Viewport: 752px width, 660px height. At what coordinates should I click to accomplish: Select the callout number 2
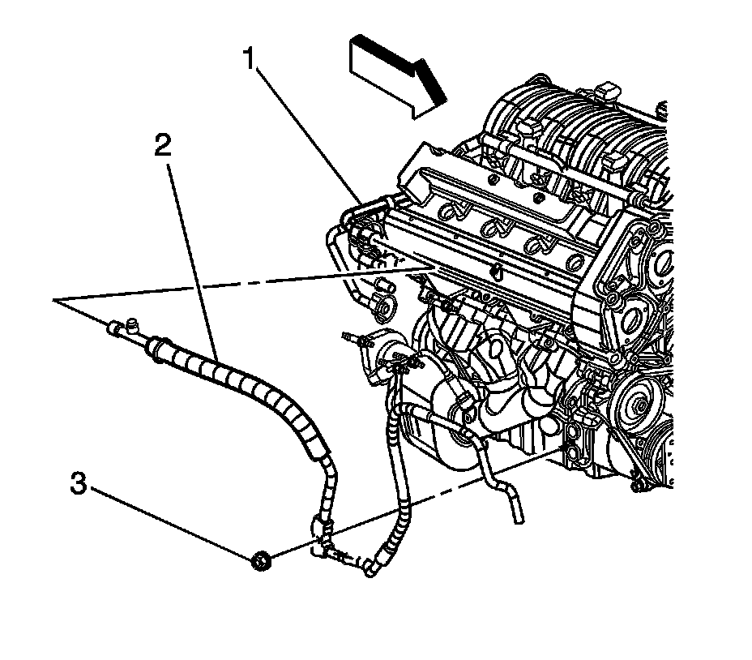[x=163, y=147]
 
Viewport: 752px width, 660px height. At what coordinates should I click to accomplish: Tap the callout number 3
[x=79, y=486]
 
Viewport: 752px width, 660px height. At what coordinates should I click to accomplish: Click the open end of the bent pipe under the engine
[x=516, y=516]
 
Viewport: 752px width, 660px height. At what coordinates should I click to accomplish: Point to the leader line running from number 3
[x=170, y=522]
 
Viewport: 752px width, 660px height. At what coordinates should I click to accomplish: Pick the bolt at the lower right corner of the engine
[x=639, y=486]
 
